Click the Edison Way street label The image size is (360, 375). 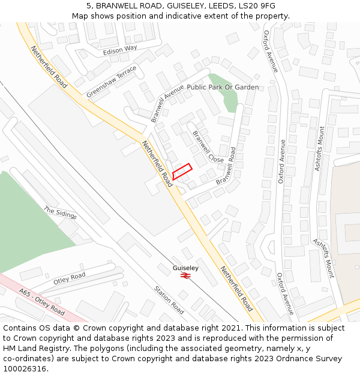[120, 50]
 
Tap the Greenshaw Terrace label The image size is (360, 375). [112, 82]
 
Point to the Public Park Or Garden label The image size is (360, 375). [223, 87]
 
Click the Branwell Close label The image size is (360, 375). [208, 146]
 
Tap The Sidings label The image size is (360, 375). [60, 213]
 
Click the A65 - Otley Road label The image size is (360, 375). [41, 302]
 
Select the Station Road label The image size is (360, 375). [169, 300]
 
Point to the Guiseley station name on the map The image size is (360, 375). [185, 268]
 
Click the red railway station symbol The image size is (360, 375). [185, 275]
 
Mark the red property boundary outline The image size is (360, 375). [182, 171]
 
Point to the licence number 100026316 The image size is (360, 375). [25, 369]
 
